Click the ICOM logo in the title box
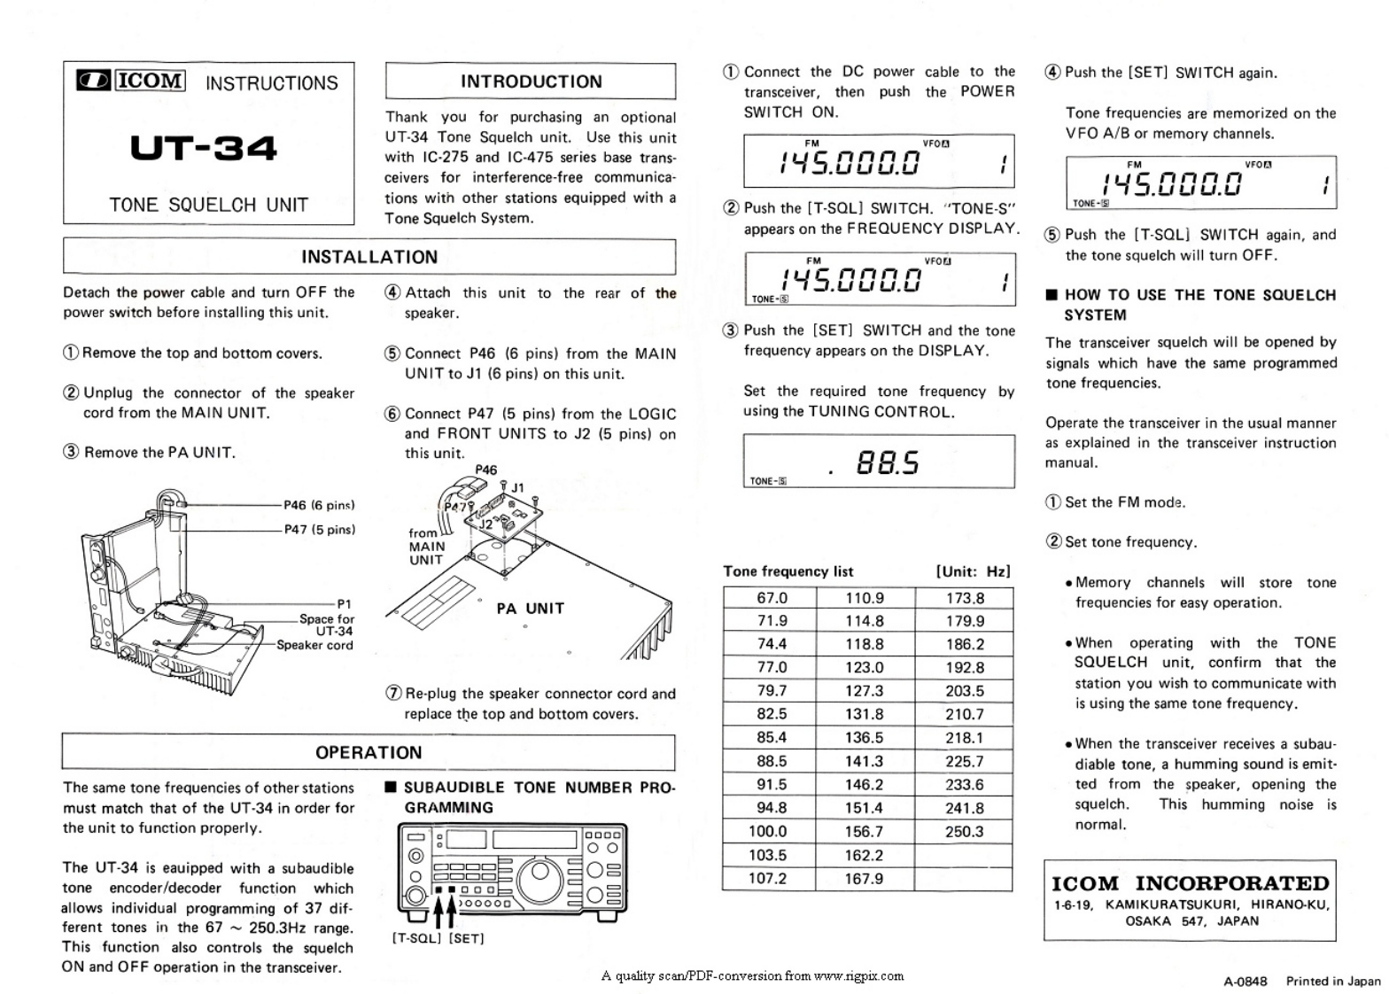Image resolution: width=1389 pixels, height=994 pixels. [x=131, y=81]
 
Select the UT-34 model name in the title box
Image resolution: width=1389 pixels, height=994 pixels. [x=204, y=147]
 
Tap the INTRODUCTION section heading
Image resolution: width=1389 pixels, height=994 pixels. [x=531, y=82]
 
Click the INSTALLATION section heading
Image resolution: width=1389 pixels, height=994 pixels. [x=369, y=257]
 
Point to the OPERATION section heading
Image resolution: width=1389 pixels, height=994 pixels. [x=369, y=753]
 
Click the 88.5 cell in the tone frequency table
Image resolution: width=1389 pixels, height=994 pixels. [x=772, y=761]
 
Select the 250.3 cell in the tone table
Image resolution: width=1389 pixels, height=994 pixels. [x=964, y=831]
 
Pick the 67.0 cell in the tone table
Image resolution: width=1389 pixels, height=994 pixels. [x=772, y=598]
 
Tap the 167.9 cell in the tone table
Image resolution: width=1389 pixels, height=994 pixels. [x=864, y=879]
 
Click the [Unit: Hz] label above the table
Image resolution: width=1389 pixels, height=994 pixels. [x=973, y=571]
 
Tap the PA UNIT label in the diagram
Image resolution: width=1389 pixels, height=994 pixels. [x=530, y=609]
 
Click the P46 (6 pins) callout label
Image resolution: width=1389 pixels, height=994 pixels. [x=319, y=505]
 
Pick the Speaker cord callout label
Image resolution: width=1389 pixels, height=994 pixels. [x=314, y=645]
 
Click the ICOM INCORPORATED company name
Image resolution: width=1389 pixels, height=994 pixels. [x=1190, y=883]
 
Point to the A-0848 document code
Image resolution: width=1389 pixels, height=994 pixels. [x=1245, y=981]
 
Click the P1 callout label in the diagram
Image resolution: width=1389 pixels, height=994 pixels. [x=345, y=604]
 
